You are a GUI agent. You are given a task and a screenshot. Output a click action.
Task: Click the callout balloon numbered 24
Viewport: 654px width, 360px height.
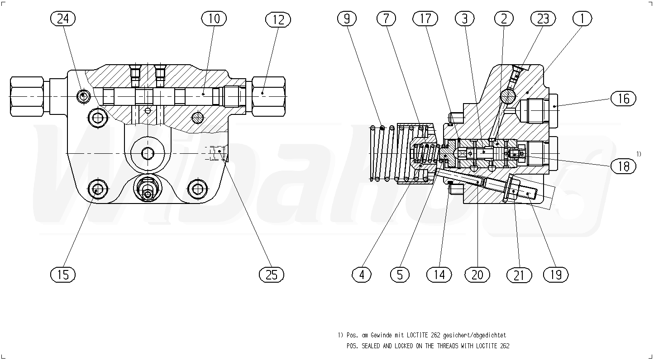[x=63, y=19]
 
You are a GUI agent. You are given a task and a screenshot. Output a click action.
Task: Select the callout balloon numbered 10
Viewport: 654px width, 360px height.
[x=214, y=19]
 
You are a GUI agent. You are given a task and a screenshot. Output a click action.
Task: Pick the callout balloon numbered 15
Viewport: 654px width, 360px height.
[x=63, y=274]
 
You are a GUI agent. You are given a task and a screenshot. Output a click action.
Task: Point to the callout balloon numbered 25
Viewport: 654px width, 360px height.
[x=272, y=274]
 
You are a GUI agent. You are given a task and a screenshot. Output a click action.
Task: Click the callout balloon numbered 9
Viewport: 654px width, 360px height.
[x=347, y=19]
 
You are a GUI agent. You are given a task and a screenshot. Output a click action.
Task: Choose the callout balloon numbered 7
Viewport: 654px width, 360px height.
[x=386, y=19]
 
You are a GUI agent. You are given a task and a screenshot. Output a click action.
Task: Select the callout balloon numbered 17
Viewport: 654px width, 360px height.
[x=425, y=19]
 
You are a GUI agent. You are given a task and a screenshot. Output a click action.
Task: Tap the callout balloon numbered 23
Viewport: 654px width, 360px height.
[x=543, y=19]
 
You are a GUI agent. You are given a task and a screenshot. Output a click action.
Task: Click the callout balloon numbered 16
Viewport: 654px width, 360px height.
[x=623, y=98]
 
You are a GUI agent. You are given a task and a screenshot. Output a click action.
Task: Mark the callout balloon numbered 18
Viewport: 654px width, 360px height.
[x=623, y=166]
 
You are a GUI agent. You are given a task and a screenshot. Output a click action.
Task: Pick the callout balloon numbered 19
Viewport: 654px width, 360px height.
[x=556, y=274]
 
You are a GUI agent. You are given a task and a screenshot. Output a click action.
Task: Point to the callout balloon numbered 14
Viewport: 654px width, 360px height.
[x=439, y=274]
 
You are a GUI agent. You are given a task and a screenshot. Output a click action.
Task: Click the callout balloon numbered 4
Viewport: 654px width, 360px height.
[x=362, y=274]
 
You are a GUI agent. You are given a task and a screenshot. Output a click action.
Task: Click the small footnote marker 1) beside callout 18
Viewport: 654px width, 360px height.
[x=639, y=154]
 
